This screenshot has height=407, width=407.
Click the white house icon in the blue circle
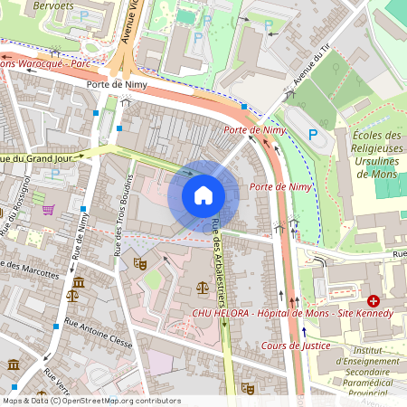tap(203, 194)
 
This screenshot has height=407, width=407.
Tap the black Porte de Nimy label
tap(110, 85)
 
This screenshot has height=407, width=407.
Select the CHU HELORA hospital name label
tap(292, 313)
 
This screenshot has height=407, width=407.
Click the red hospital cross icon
tap(374, 299)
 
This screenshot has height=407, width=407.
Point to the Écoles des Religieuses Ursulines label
tap(374, 154)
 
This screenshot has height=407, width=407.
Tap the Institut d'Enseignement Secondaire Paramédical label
tap(362, 371)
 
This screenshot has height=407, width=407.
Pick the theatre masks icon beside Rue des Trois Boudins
tap(139, 262)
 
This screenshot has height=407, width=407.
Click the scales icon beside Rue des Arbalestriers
tap(201, 288)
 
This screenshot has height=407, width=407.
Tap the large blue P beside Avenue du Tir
tap(314, 135)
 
